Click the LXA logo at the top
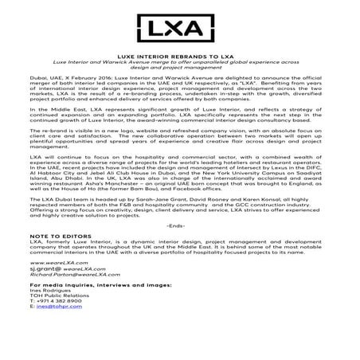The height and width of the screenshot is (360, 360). pos(179,29)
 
